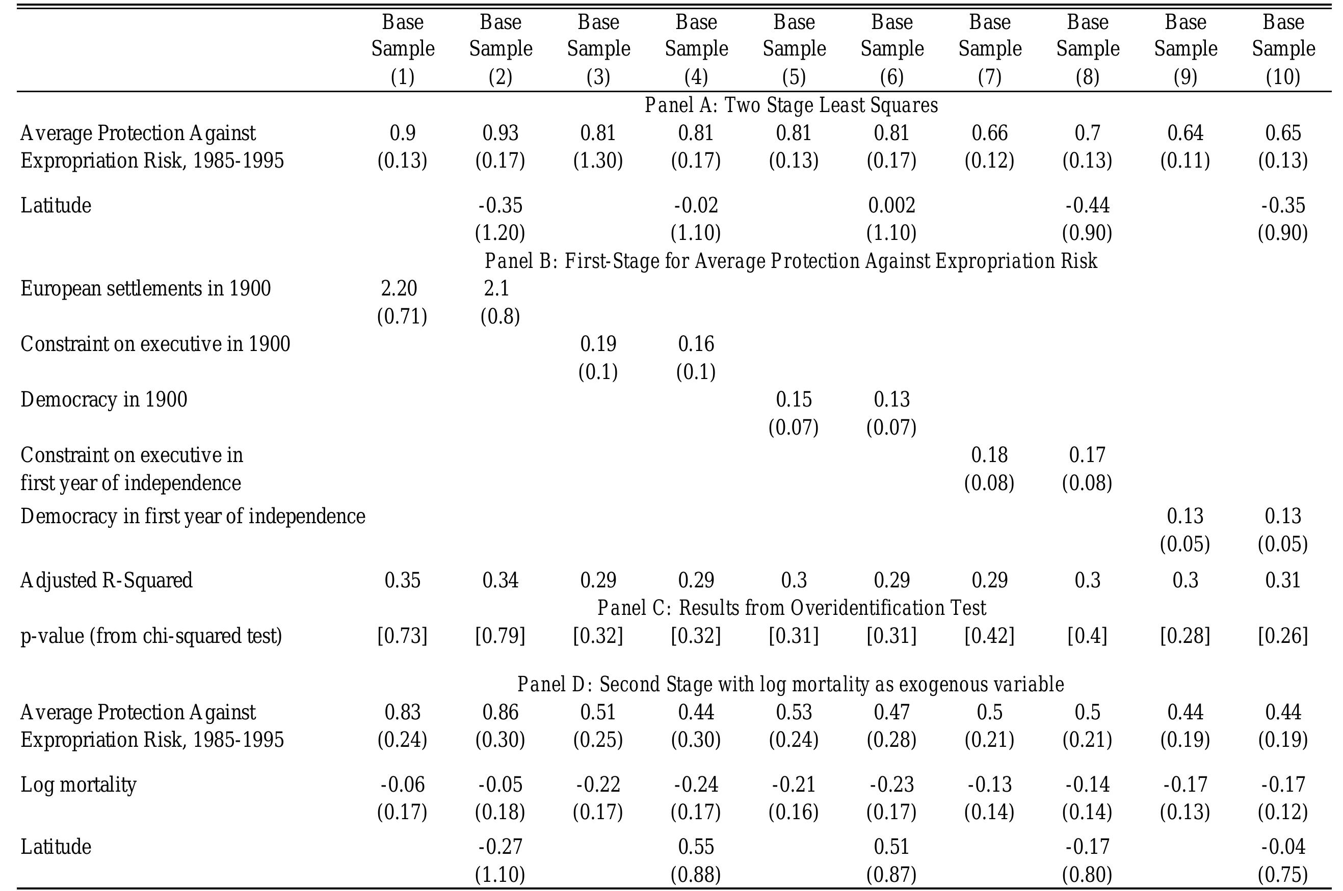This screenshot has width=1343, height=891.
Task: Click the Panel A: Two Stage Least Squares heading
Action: pyautogui.click(x=791, y=105)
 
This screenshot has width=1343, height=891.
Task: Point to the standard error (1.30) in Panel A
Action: pyautogui.click(x=598, y=161)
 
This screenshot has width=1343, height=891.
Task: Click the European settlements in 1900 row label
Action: pyautogui.click(x=145, y=289)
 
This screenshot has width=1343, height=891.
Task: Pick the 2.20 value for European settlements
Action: pyautogui.click(x=399, y=289)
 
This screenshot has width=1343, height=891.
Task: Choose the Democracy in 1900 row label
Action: pyautogui.click(x=104, y=399)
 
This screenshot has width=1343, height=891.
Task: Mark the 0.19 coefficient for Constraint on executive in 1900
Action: pyautogui.click(x=598, y=344)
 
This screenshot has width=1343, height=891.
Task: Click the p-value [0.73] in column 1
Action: pyautogui.click(x=402, y=635)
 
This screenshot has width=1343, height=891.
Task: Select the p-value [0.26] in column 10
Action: pyautogui.click(x=1283, y=635)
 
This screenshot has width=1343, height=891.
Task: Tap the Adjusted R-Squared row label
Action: pyautogui.click(x=107, y=580)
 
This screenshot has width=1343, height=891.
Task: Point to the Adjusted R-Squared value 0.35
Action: pyautogui.click(x=402, y=580)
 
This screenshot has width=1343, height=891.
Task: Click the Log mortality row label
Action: pyautogui.click(x=78, y=785)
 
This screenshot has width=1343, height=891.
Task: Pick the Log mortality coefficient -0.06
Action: pyautogui.click(x=402, y=785)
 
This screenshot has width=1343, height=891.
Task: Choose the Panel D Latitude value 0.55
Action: pyautogui.click(x=696, y=847)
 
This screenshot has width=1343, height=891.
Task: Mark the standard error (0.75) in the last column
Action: pyautogui.click(x=1283, y=875)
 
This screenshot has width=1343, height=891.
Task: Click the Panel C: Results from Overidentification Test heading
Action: pyautogui.click(x=791, y=608)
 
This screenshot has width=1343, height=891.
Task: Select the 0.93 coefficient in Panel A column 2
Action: pyautogui.click(x=500, y=133)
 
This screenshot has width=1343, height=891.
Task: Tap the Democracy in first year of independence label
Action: pyautogui.click(x=193, y=517)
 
